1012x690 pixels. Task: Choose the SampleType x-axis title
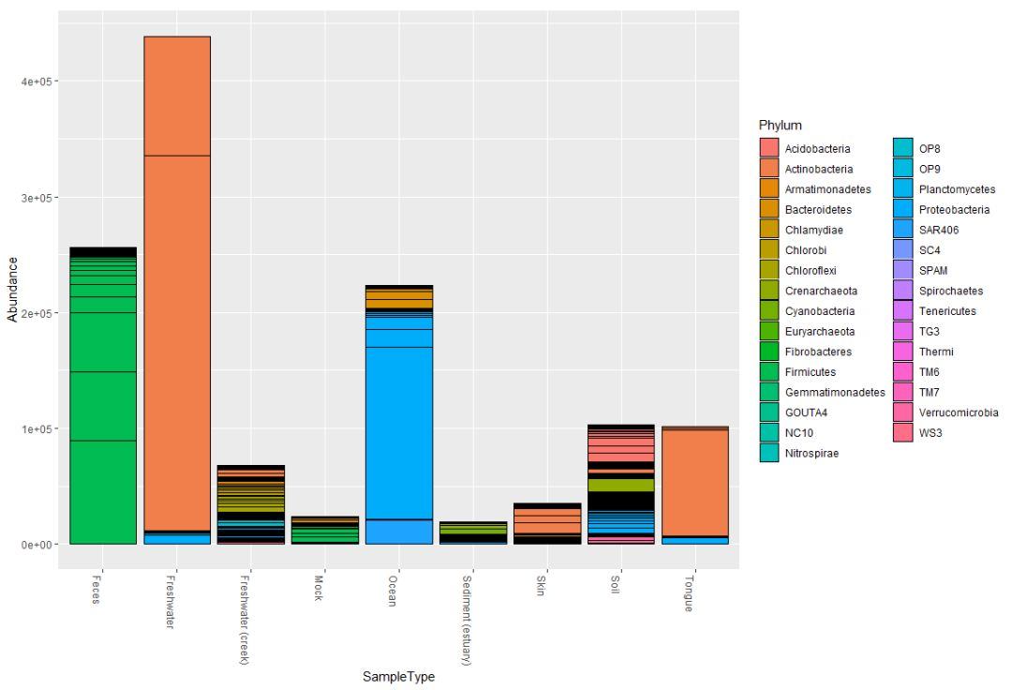click(x=398, y=676)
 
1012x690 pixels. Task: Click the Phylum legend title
click(x=780, y=126)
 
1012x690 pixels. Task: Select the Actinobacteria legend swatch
click(x=769, y=169)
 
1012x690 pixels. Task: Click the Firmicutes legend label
click(x=811, y=372)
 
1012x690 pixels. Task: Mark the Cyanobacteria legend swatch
click(x=769, y=311)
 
